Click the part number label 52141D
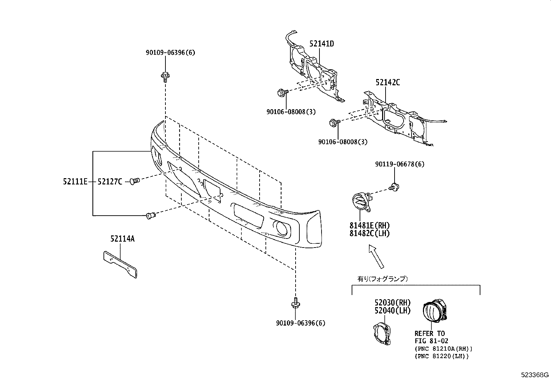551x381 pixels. point(322,44)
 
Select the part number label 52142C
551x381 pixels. point(388,83)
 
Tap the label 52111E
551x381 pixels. point(75,181)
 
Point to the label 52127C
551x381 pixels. point(110,181)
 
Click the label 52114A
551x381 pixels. point(123,239)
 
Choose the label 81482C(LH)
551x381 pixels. point(369,234)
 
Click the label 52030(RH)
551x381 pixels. point(392,303)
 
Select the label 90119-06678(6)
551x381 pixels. point(399,164)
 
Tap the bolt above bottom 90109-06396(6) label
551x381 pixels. point(296,303)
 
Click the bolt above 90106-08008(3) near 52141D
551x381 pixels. point(281,93)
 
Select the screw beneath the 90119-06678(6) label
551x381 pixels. point(394,187)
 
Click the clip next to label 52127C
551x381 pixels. point(134,181)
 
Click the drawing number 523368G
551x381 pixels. point(535,375)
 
